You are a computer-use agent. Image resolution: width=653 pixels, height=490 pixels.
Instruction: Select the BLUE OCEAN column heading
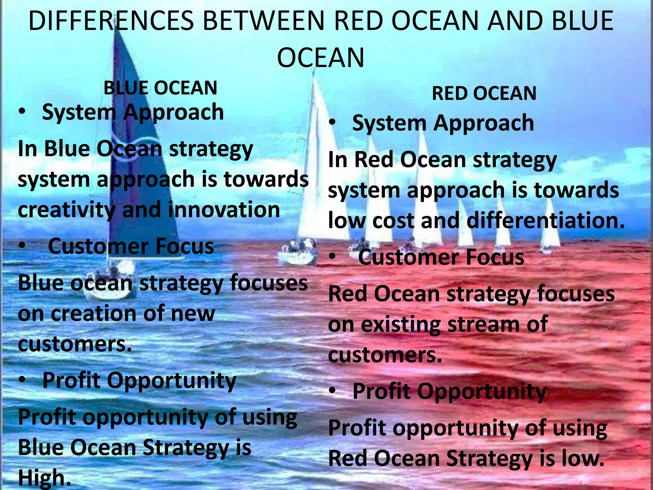click(160, 88)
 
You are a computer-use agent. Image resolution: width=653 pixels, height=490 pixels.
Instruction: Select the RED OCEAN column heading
click(484, 93)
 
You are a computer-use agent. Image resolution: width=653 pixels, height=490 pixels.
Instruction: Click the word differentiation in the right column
click(545, 220)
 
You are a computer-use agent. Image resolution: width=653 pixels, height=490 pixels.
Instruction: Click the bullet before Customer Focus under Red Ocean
click(333, 257)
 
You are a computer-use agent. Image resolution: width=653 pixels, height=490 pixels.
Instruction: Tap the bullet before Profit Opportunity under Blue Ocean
click(22, 380)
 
